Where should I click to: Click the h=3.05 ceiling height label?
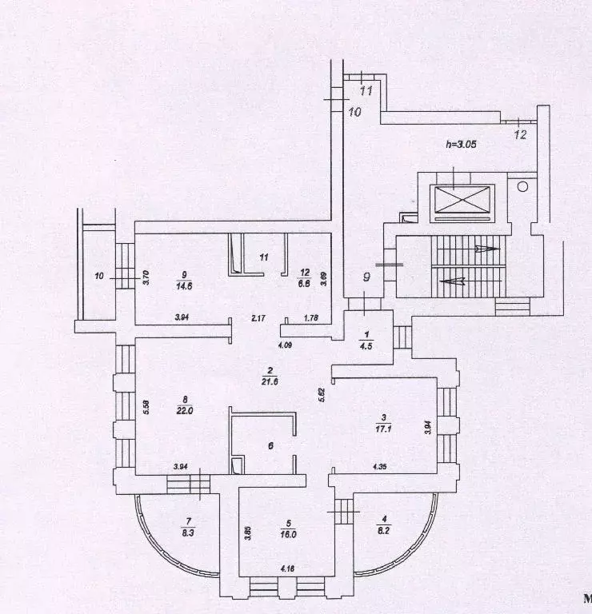click(463, 145)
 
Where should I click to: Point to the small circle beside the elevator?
click(522, 186)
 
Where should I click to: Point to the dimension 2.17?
click(258, 319)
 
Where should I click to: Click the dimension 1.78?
click(311, 319)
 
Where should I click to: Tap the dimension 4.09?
click(285, 345)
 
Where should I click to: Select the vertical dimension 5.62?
click(322, 394)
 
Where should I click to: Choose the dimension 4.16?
click(286, 568)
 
